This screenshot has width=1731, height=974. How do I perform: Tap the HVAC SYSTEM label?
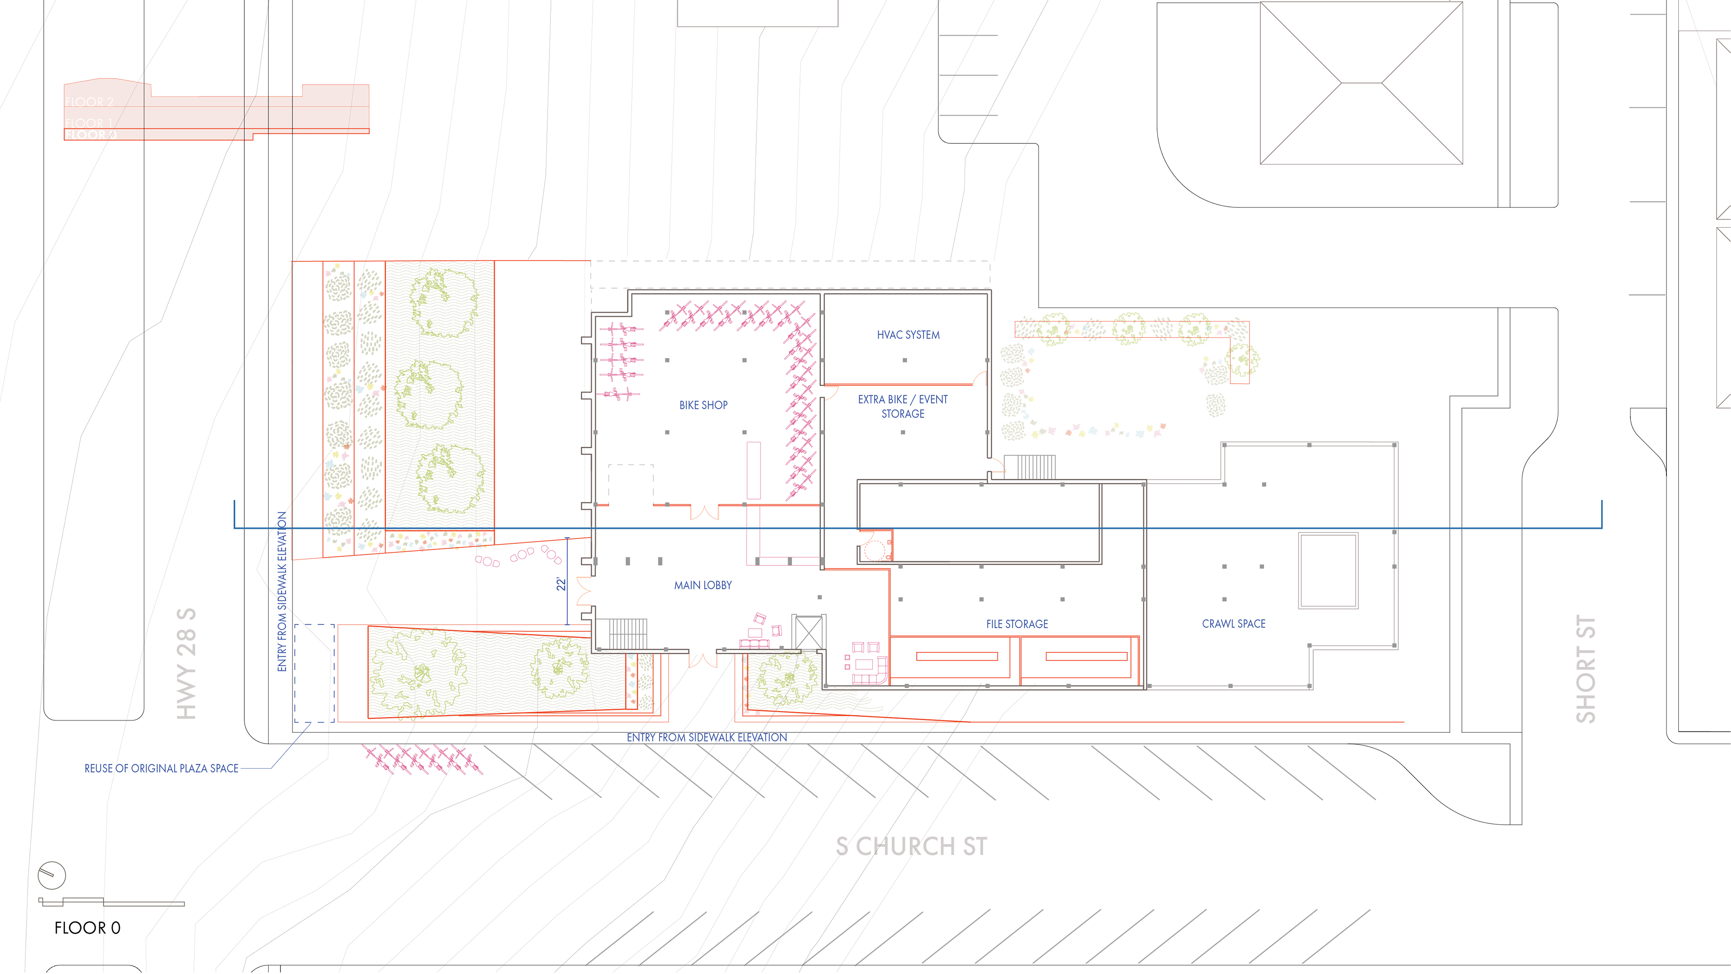click(x=908, y=335)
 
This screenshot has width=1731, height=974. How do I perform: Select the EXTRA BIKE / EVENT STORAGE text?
click(x=902, y=406)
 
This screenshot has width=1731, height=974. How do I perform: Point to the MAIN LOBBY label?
click(x=703, y=585)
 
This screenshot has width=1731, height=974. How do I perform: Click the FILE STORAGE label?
click(x=1017, y=624)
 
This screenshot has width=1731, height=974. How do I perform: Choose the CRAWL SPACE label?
click(x=1233, y=624)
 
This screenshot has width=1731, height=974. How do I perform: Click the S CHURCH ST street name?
click(x=911, y=846)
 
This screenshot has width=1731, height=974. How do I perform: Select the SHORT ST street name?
click(x=1586, y=669)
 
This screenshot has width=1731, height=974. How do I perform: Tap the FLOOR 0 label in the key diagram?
click(x=91, y=134)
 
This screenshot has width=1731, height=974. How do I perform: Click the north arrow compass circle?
click(x=52, y=875)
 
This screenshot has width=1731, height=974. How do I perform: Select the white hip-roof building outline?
click(x=1361, y=83)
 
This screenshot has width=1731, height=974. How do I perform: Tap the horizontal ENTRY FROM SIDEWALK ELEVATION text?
click(x=706, y=737)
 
